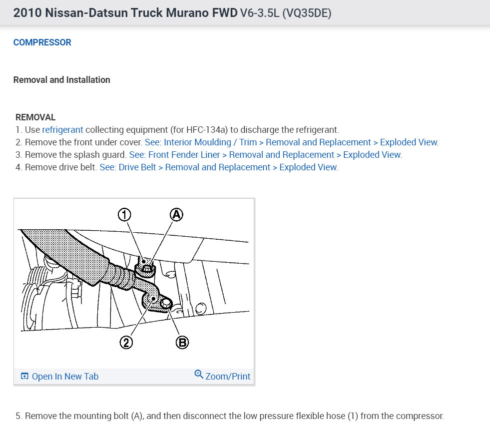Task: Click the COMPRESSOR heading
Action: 42,42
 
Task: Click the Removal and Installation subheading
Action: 61,80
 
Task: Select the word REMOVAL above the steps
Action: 35,117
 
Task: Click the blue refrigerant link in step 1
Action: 62,130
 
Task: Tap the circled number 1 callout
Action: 124,215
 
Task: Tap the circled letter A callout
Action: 176,215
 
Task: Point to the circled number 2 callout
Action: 126,343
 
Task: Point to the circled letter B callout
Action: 182,343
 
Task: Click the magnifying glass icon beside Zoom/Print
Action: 199,374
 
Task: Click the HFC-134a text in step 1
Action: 207,130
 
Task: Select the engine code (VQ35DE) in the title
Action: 307,13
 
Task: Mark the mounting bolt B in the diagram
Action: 166,303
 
